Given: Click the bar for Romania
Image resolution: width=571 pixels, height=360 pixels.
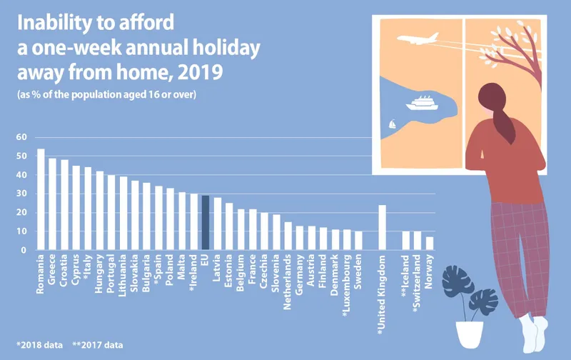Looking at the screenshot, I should pyautogui.click(x=41, y=199).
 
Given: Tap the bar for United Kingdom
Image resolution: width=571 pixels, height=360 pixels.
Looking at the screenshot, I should pyautogui.click(x=382, y=228).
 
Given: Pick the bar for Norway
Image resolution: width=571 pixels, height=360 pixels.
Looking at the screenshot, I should pyautogui.click(x=429, y=244).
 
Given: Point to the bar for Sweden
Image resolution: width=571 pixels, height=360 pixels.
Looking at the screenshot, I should pyautogui.click(x=358, y=241).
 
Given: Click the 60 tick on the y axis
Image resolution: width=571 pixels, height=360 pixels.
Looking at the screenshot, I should pyautogui.click(x=21, y=137).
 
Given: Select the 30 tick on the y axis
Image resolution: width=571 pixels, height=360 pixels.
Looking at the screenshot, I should pyautogui.click(x=21, y=194).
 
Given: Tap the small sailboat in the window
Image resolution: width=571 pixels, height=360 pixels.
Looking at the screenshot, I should pyautogui.click(x=392, y=125).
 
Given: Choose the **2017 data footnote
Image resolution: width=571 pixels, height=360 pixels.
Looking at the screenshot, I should pyautogui.click(x=99, y=346).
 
